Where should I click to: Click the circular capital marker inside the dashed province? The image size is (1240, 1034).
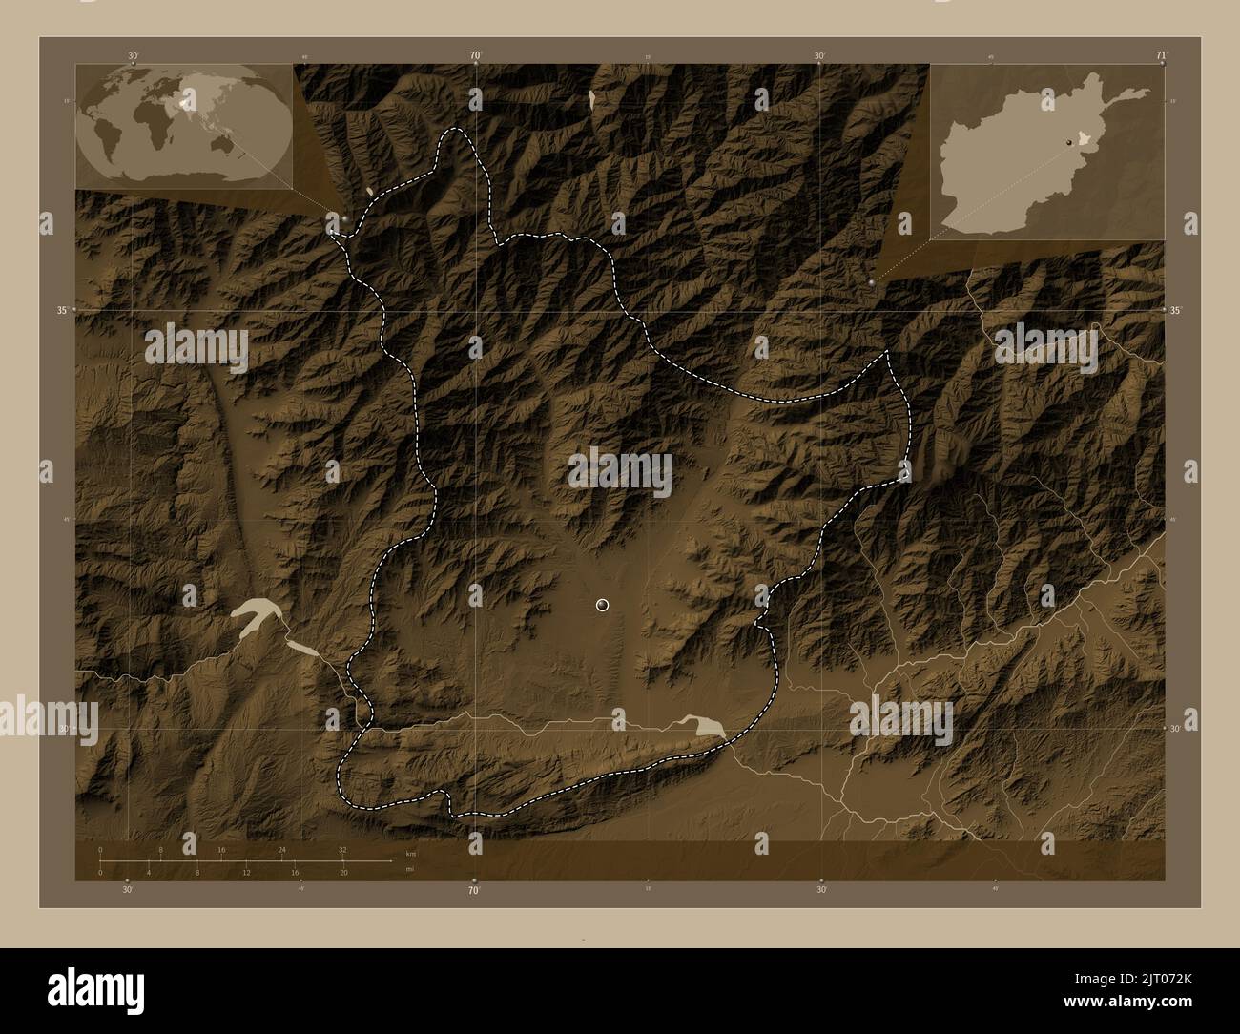601,604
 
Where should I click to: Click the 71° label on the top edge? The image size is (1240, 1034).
1160,55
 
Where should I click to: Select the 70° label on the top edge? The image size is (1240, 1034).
474,55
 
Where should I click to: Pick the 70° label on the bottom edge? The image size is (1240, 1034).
473,891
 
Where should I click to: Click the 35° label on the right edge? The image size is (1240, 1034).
1175,310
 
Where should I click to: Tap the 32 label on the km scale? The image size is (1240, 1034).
341,849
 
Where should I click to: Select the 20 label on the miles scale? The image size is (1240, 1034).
342,872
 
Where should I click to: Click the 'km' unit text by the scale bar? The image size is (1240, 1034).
411,853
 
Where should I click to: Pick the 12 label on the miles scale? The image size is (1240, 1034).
246,872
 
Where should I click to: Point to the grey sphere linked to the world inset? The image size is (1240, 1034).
344,217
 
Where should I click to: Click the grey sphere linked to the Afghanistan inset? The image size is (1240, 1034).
872,283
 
